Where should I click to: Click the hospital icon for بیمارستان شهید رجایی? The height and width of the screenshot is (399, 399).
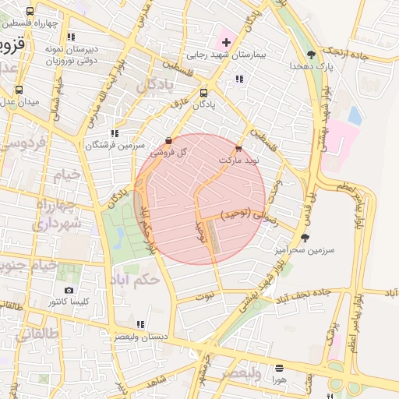pyautogui.click(x=226, y=41)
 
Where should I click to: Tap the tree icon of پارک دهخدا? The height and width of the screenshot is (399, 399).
pyautogui.click(x=312, y=55)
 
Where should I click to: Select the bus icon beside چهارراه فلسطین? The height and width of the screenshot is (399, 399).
pyautogui.click(x=30, y=12)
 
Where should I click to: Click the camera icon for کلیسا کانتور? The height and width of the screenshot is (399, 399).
pyautogui.click(x=69, y=290)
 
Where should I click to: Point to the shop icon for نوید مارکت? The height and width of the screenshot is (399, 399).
pyautogui.click(x=238, y=147)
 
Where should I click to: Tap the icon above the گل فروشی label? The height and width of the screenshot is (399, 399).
pyautogui.click(x=169, y=141)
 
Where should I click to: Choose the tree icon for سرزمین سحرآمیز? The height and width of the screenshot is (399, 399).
pyautogui.click(x=304, y=238)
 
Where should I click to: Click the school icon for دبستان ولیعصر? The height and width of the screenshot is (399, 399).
pyautogui.click(x=139, y=324)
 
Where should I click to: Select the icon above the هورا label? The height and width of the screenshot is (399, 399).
pyautogui.click(x=279, y=367)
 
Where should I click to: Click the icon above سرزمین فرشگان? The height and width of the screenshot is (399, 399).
pyautogui.click(x=115, y=133)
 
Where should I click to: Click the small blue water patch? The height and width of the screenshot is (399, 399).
pyautogui.click(x=355, y=116)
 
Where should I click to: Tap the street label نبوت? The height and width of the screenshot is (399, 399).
pyautogui.click(x=204, y=296)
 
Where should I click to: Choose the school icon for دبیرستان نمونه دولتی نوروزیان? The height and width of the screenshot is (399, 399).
pyautogui.click(x=71, y=37)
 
